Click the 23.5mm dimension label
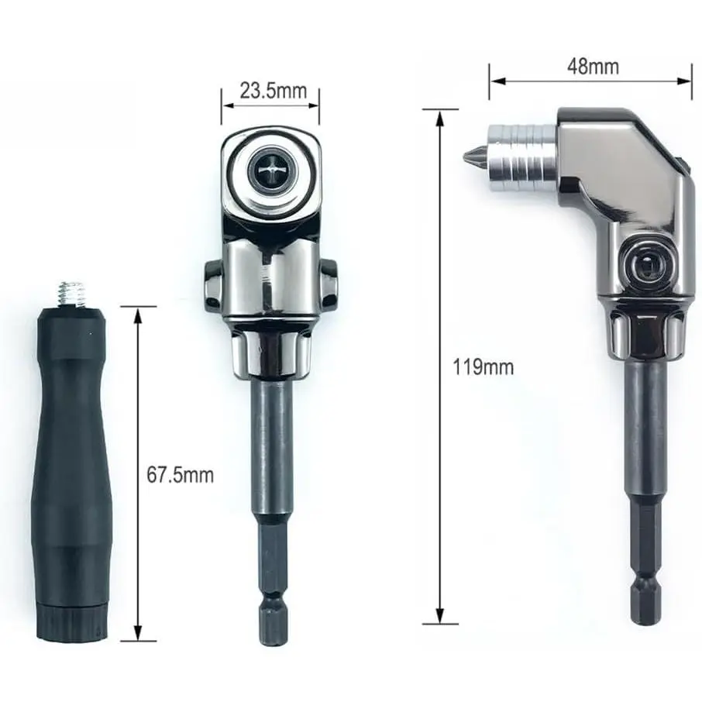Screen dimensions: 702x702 coord(273,91)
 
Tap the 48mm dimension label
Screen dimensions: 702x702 coord(593,67)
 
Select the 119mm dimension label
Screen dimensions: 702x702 coord(483,367)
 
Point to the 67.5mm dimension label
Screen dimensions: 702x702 coord(180,475)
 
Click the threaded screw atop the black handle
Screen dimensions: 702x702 coord(72,294)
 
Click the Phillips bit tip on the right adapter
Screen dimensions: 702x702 coord(474,155)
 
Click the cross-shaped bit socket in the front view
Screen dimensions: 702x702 coord(270,170)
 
